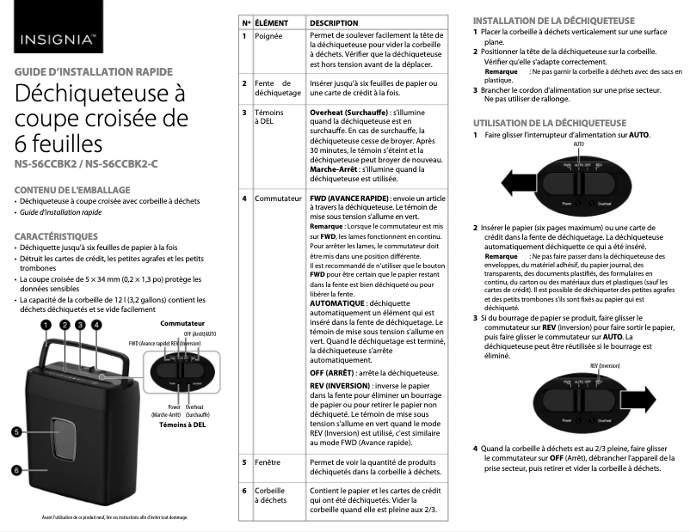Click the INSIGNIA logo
point(58,40)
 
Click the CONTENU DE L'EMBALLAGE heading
point(71,188)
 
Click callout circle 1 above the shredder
point(46,324)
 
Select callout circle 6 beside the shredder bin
point(16,470)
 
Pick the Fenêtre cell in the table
point(268,462)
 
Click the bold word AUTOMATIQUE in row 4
point(337,303)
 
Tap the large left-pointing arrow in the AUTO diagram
point(524,184)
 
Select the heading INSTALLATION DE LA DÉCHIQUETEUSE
point(554,20)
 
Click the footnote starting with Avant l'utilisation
point(114,517)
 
